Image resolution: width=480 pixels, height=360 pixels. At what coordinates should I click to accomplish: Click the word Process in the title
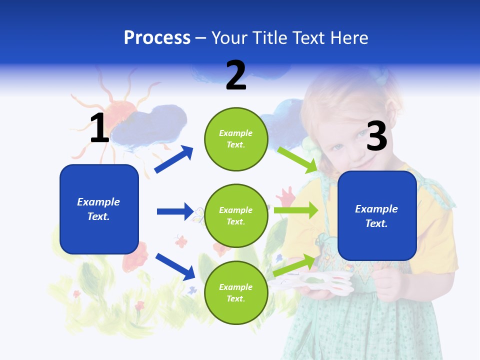pyautogui.click(x=157, y=38)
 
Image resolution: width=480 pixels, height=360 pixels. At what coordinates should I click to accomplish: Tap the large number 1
pyautogui.click(x=99, y=128)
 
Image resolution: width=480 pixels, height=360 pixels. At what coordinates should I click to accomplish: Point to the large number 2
pyautogui.click(x=236, y=75)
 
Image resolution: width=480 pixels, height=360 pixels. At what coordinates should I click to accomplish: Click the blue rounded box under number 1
pyautogui.click(x=99, y=209)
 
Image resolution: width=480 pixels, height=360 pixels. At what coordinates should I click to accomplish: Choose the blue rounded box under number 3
pyautogui.click(x=377, y=215)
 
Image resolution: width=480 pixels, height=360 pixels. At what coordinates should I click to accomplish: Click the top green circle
pyautogui.click(x=236, y=139)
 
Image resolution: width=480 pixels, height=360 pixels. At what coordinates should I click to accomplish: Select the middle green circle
pyautogui.click(x=236, y=215)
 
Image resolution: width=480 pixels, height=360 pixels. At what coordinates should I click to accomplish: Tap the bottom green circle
pyautogui.click(x=236, y=292)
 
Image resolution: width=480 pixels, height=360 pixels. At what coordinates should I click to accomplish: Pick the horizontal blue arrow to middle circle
pyautogui.click(x=175, y=211)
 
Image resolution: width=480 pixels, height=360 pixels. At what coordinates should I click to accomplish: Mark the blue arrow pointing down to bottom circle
pyautogui.click(x=175, y=266)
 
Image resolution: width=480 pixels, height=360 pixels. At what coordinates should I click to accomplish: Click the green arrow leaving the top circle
pyautogui.click(x=298, y=159)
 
